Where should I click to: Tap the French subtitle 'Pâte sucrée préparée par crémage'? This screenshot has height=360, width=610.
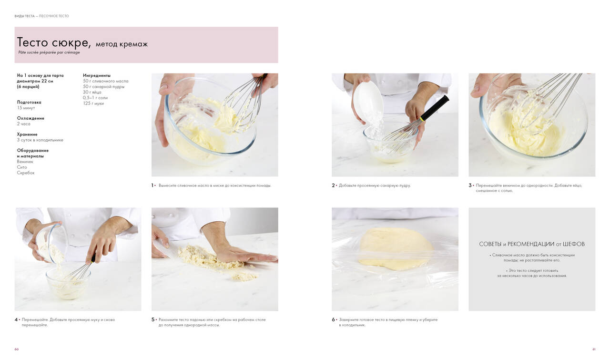[x=49, y=52]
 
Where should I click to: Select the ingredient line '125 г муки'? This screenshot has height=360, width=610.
[x=93, y=103]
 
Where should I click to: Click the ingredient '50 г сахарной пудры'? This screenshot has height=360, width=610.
[x=104, y=87]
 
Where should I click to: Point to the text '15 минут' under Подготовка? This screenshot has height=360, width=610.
[x=26, y=108]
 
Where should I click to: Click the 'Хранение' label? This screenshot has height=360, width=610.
[x=27, y=134]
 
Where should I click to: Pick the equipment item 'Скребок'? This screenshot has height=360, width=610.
[x=26, y=173]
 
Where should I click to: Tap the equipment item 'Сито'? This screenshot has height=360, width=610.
[x=22, y=167]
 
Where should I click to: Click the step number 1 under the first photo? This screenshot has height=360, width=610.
[x=152, y=185]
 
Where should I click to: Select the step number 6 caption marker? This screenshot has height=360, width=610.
[x=333, y=319]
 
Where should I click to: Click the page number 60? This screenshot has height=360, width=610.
[x=17, y=350]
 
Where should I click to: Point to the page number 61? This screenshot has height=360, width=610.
[x=594, y=350]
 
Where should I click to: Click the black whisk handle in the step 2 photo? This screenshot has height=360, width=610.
[x=435, y=108]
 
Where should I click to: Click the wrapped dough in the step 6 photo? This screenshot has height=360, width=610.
[x=396, y=249]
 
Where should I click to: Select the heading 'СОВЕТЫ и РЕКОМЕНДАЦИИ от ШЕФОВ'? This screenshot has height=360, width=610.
[x=532, y=244]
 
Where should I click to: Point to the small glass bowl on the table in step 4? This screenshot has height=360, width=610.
[x=68, y=283]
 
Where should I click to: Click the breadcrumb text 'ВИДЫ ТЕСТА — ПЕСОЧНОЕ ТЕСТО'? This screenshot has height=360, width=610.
[x=41, y=16]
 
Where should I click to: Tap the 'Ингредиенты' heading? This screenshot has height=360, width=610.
[x=97, y=75]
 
